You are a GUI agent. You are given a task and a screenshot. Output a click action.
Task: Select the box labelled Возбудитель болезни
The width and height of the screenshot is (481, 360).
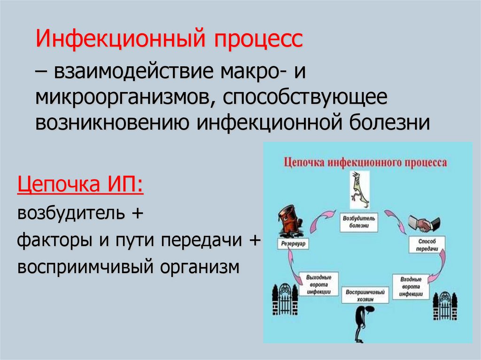pyautogui.click(x=359, y=222)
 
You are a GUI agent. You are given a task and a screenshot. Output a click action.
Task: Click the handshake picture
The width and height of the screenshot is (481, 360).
pyautogui.click(x=424, y=224)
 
